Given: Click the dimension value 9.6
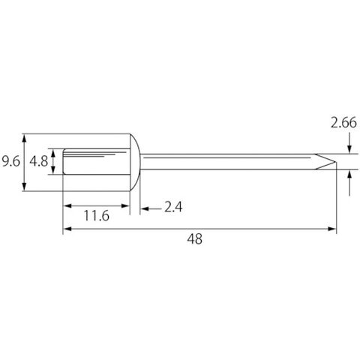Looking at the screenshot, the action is coord(10,162).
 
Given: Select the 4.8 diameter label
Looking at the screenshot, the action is coord(39,161).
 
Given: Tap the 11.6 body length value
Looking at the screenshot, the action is coord(97,216).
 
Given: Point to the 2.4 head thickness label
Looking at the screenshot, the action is coord(173,207).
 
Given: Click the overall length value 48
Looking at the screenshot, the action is coord(195,239).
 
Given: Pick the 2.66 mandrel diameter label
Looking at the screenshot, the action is coord(343,123).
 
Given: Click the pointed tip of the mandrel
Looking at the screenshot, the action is coord(335,162).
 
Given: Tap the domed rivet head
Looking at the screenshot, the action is coord(135,162).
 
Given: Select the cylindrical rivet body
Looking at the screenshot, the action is coord(96,161).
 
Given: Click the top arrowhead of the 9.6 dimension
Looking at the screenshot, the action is coord(24,138).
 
